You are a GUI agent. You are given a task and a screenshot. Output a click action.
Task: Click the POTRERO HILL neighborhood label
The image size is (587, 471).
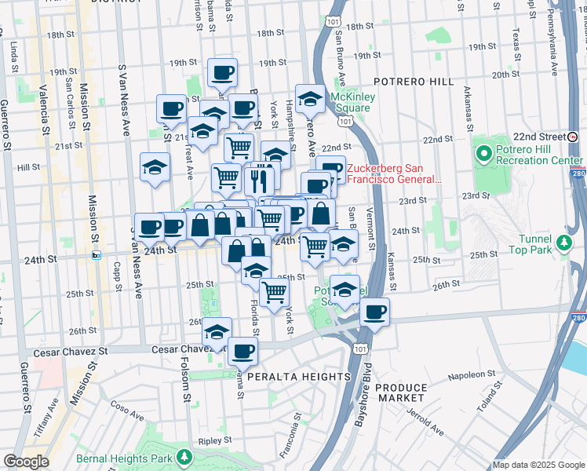(x=414, y=82)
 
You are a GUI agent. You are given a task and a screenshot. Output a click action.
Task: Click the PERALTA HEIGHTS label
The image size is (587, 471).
(x=298, y=377)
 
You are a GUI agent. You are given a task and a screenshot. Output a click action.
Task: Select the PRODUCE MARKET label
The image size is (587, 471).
(x=401, y=393)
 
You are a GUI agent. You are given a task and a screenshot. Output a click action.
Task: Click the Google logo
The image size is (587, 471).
(x=26, y=462)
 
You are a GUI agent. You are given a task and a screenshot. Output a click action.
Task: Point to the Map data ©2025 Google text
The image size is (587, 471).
(x=538, y=465)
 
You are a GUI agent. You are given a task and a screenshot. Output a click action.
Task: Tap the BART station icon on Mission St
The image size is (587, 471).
(x=97, y=254)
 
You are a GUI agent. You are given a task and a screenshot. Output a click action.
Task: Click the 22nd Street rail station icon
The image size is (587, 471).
(x=574, y=136)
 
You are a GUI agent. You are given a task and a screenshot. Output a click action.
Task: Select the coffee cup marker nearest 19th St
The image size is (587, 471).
(x=222, y=74)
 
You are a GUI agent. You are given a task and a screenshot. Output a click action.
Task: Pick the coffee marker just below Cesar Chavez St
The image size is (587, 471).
(x=243, y=350)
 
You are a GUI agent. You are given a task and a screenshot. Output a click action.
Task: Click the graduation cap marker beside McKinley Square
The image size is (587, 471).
(x=311, y=98)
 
